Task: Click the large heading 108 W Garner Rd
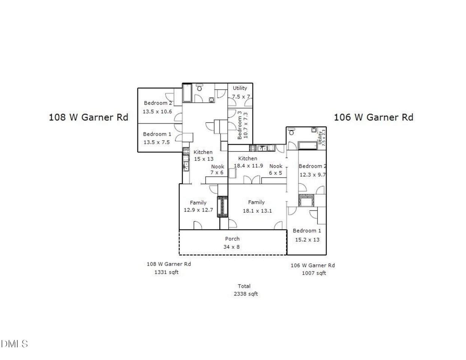pyautogui.click(x=88, y=117)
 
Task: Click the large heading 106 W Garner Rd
pyautogui.click(x=374, y=117)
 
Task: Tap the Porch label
pyautogui.click(x=232, y=238)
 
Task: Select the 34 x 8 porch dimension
pyautogui.click(x=231, y=247)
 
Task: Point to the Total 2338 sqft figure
pyautogui.click(x=245, y=290)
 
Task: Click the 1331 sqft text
pyautogui.click(x=167, y=272)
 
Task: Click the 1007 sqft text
pyautogui.click(x=314, y=273)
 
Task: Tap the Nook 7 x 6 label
pyautogui.click(x=217, y=169)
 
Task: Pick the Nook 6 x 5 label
pyautogui.click(x=275, y=169)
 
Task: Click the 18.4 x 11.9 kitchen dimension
pyautogui.click(x=248, y=166)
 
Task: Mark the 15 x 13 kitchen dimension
pyautogui.click(x=204, y=159)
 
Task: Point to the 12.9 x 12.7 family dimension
pyautogui.click(x=198, y=210)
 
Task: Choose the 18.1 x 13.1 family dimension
pyautogui.click(x=257, y=211)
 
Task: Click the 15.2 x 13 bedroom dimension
pyautogui.click(x=307, y=240)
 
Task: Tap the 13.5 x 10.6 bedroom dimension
pyautogui.click(x=157, y=111)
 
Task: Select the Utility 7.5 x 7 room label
pyautogui.click(x=240, y=92)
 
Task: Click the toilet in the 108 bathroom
pyautogui.click(x=200, y=87)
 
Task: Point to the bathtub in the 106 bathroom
pyautogui.click(x=308, y=145)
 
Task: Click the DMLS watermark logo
pyautogui.click(x=14, y=344)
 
